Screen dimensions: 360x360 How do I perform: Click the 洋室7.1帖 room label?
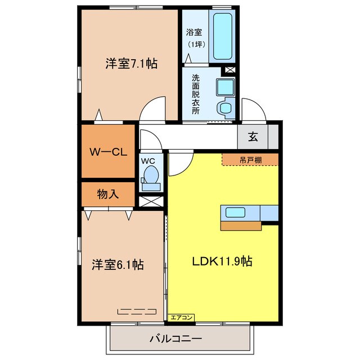(130, 64)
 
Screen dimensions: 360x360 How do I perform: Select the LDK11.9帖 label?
(223, 261)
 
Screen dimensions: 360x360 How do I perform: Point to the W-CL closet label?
(108, 152)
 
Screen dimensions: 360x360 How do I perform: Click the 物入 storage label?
(107, 195)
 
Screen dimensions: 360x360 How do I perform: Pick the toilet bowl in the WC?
(151, 175)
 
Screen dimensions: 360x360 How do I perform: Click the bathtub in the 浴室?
(223, 37)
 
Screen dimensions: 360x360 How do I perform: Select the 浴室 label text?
(195, 31)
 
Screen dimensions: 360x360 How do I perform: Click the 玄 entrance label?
(254, 136)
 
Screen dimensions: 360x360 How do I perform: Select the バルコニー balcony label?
(176, 339)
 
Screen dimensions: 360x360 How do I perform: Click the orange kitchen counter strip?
(241, 226)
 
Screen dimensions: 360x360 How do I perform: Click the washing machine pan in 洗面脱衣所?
(226, 87)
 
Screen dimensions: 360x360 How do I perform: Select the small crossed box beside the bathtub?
(229, 70)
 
